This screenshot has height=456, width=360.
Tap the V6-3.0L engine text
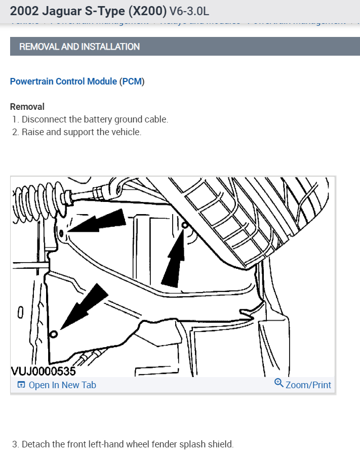(x=190, y=11)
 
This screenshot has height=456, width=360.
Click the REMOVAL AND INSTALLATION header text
(x=79, y=47)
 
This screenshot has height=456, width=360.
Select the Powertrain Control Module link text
(x=63, y=81)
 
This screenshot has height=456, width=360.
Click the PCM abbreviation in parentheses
(x=132, y=81)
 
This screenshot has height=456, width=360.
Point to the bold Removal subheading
(x=27, y=107)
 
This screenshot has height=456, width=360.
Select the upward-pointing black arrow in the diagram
(x=174, y=258)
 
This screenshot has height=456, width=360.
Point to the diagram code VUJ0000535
(x=44, y=371)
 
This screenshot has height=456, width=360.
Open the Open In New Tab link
(x=62, y=385)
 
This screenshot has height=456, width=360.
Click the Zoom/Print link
(x=308, y=385)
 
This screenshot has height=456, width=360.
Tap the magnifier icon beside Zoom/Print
(x=278, y=383)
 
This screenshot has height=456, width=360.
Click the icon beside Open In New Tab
(x=21, y=385)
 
